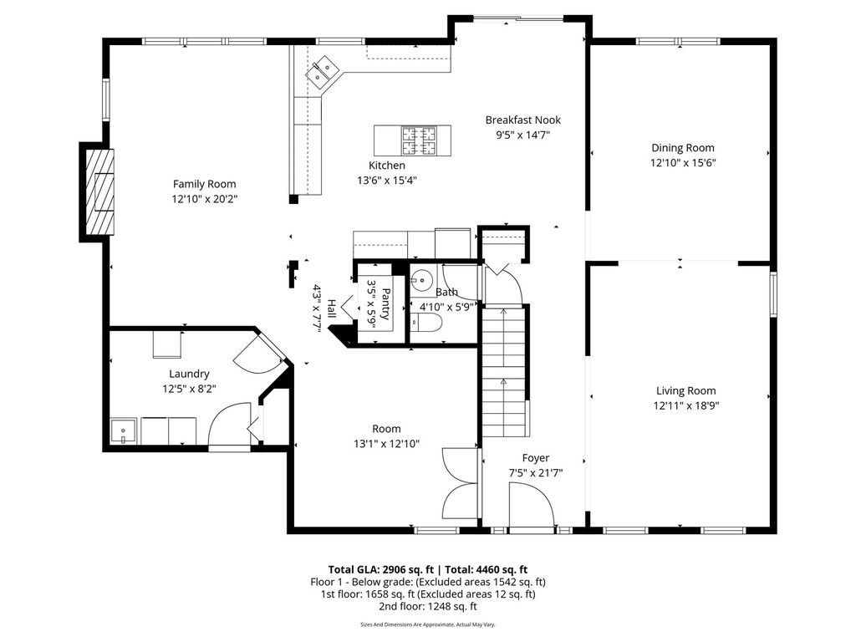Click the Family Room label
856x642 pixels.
tap(204, 184)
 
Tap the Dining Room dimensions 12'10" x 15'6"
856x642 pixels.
tap(682, 163)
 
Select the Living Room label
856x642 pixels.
tap(685, 391)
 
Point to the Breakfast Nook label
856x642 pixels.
tap(523, 120)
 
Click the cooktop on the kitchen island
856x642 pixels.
tap(419, 140)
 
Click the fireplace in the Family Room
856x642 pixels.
tap(99, 191)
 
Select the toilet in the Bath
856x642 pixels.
tap(425, 323)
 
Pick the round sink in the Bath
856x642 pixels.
tap(421, 281)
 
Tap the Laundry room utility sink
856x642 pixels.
tap(124, 431)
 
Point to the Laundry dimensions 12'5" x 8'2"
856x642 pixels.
tap(189, 390)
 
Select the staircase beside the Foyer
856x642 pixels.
tap(503, 371)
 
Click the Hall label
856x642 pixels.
tap(331, 309)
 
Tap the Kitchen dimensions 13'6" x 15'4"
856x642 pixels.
tap(387, 181)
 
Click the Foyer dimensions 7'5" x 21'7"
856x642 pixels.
tap(536, 473)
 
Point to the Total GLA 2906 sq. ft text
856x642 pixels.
tap(380, 570)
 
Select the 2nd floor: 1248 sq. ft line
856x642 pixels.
tap(427, 606)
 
